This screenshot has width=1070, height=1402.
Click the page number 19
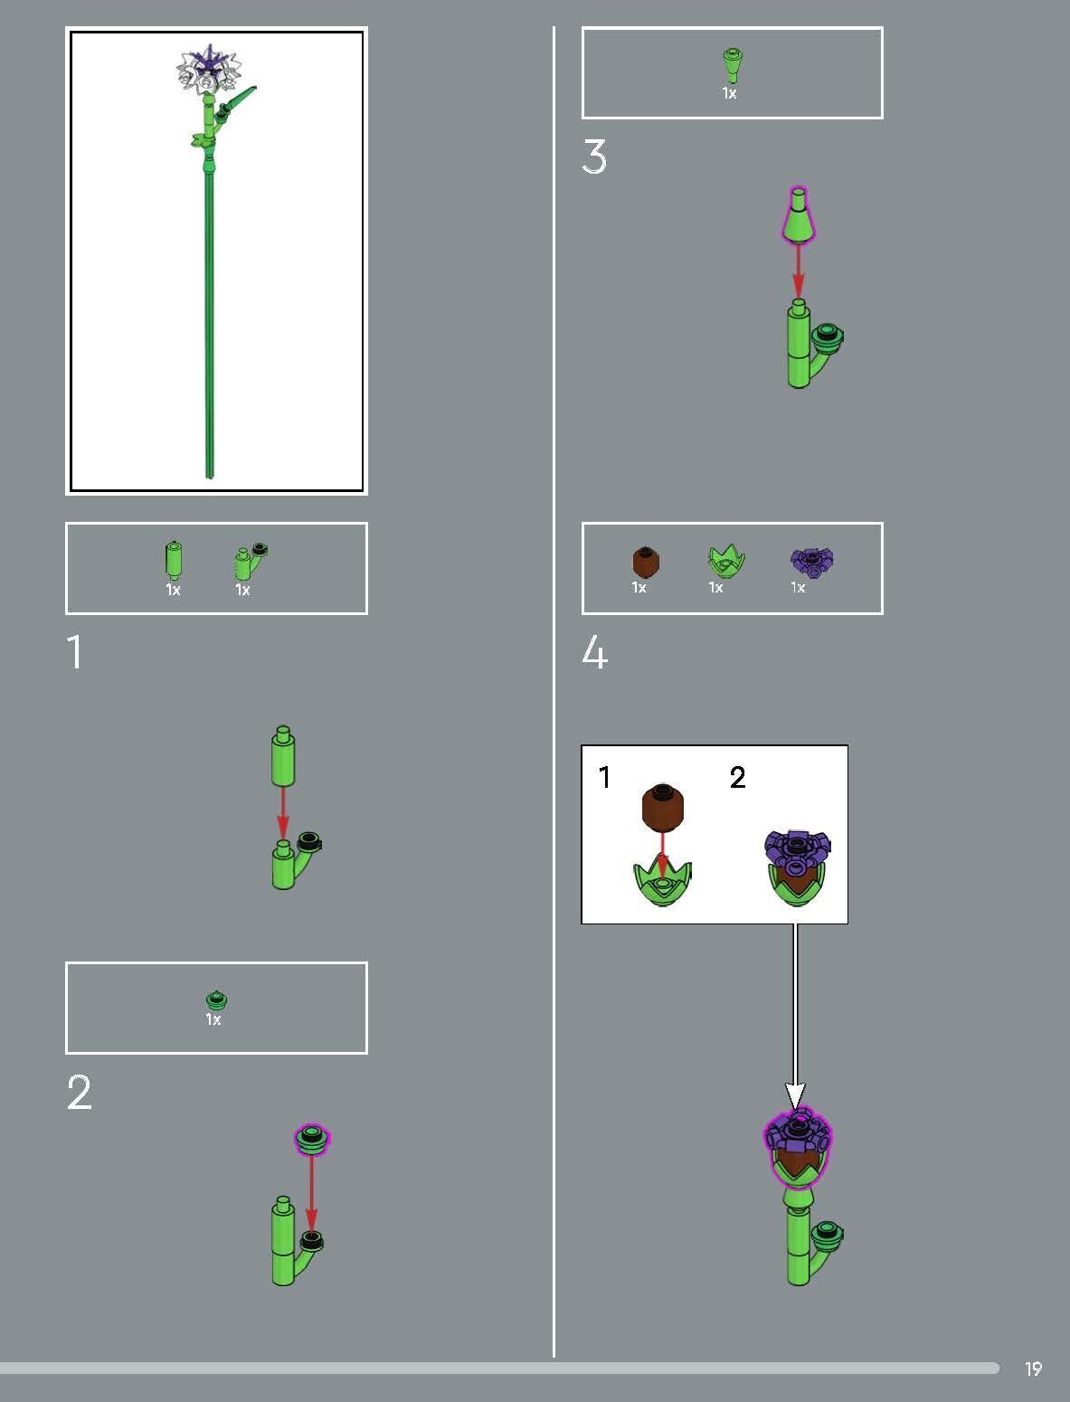point(1033,1369)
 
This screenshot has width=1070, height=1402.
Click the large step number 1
point(75,652)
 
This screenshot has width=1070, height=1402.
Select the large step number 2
point(80,1093)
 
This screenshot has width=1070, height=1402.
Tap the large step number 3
point(594,156)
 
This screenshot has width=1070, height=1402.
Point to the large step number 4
point(594,652)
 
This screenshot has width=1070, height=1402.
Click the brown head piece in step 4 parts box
point(645,561)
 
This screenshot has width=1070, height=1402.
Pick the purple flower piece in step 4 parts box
point(811,562)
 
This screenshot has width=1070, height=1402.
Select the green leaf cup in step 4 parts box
point(726,562)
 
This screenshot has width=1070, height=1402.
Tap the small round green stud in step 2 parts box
point(215,999)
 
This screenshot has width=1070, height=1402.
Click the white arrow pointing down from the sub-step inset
point(795,1013)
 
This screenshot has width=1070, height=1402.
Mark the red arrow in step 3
point(798,269)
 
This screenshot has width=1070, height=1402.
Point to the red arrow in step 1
point(283,813)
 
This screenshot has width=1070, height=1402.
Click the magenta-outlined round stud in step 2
point(313,1138)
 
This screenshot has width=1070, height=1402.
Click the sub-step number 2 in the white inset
point(737,777)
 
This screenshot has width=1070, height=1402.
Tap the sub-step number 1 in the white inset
point(604,777)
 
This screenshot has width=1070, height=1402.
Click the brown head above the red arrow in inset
point(663,807)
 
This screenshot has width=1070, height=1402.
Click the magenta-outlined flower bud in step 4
point(798,1144)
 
